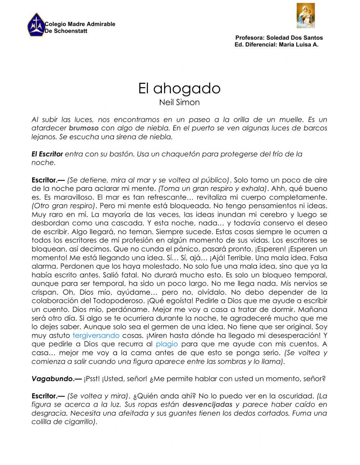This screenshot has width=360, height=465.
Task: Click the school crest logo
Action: [35, 25]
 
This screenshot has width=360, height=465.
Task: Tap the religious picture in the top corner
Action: [305, 15]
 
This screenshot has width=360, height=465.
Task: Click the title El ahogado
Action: [179, 88]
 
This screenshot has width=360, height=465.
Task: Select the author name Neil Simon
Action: [179, 102]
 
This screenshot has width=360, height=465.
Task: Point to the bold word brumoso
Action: [84, 128]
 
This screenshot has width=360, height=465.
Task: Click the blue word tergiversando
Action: [96, 335]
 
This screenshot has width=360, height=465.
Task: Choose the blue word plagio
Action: [167, 344]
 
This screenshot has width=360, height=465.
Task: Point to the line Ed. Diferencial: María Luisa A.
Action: [276, 45]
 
